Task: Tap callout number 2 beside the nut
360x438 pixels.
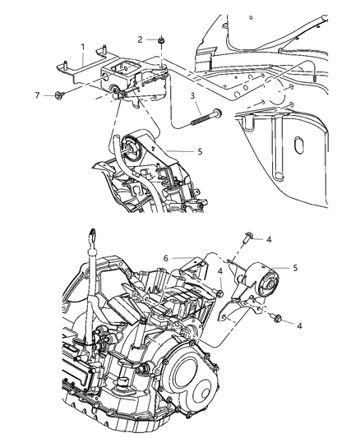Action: pyautogui.click(x=141, y=39)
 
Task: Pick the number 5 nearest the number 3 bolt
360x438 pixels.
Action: pyautogui.click(x=200, y=151)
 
